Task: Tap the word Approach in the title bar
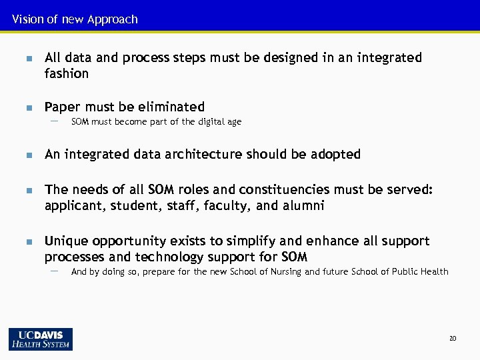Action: coord(112,19)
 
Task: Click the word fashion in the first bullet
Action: coord(66,74)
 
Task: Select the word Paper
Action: coord(62,107)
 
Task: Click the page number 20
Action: coord(453,339)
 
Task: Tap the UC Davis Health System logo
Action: coord(41,339)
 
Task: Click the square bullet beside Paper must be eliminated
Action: coord(28,107)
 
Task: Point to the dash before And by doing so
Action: coord(54,271)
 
